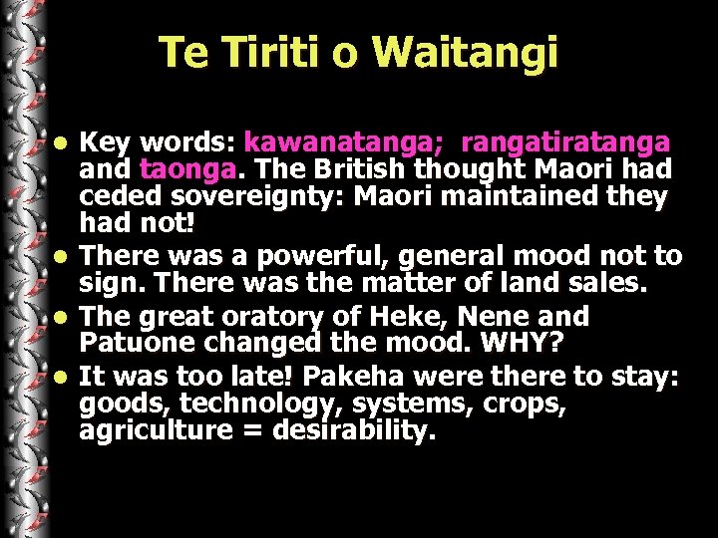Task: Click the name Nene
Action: click(x=530, y=317)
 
